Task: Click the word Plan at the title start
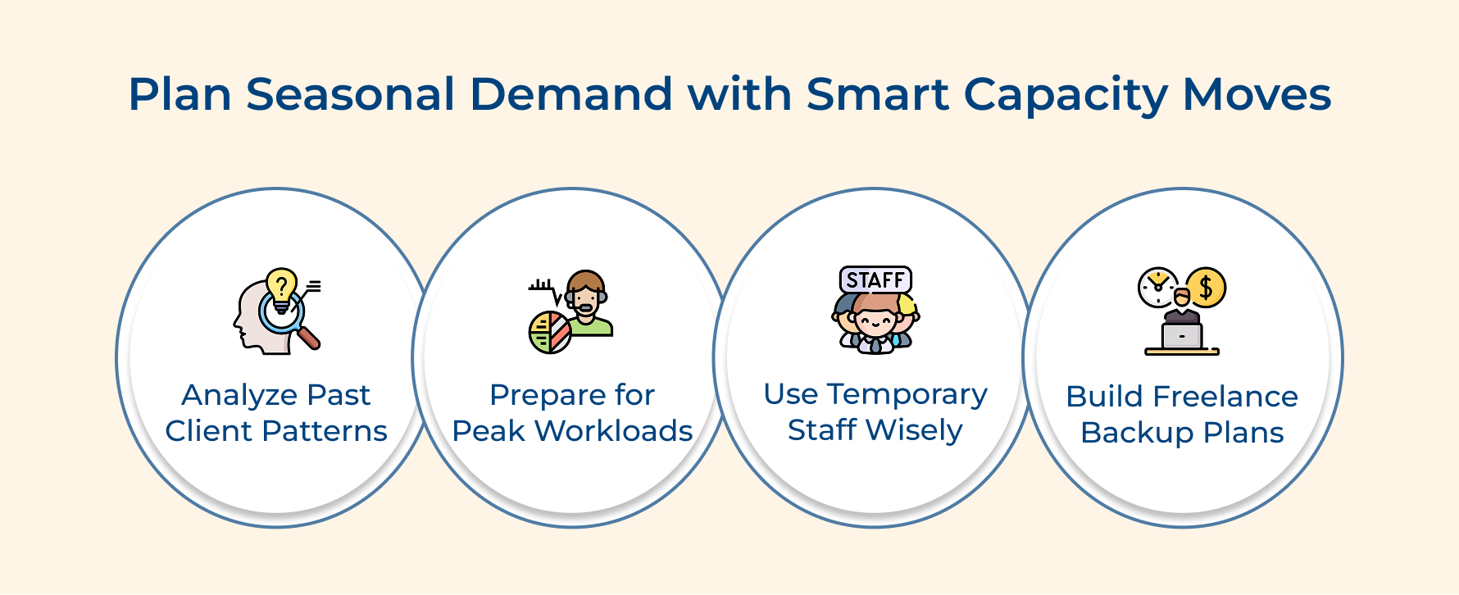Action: pos(180,94)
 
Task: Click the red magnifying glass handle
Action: pos(309,338)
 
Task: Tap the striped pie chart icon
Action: pos(550,333)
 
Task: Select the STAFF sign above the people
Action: pos(875,280)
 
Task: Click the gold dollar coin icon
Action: pos(1205,288)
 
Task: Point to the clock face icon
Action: pos(1157,287)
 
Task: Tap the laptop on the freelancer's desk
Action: pos(1182,335)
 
